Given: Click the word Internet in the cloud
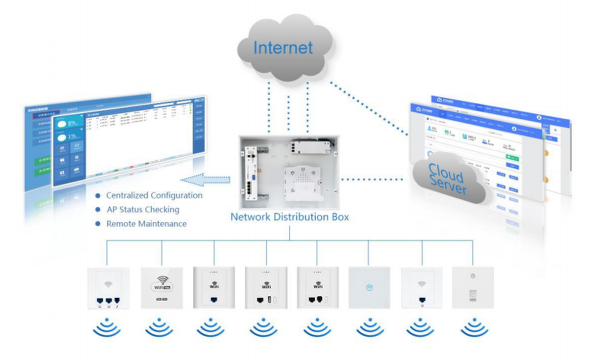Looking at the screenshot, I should tap(283, 47).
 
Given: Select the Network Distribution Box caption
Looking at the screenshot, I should tap(290, 217).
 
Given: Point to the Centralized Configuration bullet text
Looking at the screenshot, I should tap(154, 195).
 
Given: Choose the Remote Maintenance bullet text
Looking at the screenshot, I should tap(146, 224).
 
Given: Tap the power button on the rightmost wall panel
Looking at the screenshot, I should tap(472, 276).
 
